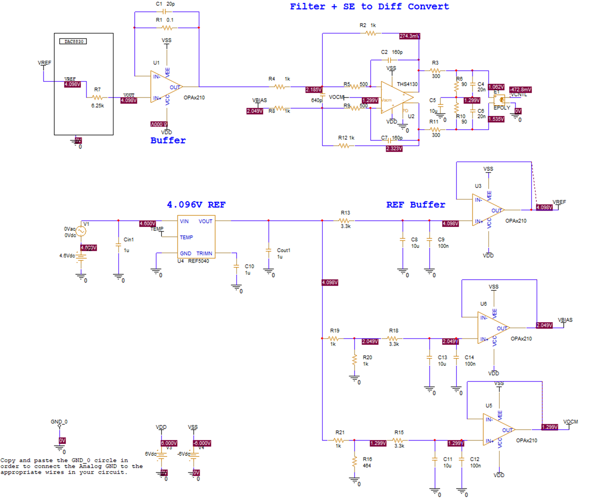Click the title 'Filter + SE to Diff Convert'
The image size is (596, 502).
pyautogui.click(x=369, y=7)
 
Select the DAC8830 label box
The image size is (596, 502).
pyautogui.click(x=73, y=41)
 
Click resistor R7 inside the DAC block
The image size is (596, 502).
pyautogui.click(x=97, y=98)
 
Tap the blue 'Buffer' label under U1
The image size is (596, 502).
pyautogui.click(x=168, y=141)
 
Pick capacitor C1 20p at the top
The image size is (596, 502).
pyautogui.click(x=167, y=12)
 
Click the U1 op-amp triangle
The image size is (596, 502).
pyautogui.click(x=165, y=87)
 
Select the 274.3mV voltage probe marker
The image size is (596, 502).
pyautogui.click(x=409, y=36)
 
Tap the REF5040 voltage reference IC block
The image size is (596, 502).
pyautogui.click(x=196, y=237)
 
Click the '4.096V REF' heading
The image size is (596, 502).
pyautogui.click(x=196, y=205)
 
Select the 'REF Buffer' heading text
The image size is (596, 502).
pyautogui.click(x=415, y=205)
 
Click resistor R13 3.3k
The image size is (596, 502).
pyautogui.click(x=345, y=220)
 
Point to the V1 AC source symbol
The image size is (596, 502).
pyautogui.click(x=81, y=231)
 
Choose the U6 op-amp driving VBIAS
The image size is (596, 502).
pyautogui.click(x=492, y=328)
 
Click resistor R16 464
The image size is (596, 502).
pyautogui.click(x=354, y=461)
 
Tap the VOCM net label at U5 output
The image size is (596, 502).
pyautogui.click(x=570, y=422)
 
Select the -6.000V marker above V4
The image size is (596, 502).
pyautogui.click(x=202, y=443)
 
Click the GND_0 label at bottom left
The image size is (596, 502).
pyautogui.click(x=59, y=422)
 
